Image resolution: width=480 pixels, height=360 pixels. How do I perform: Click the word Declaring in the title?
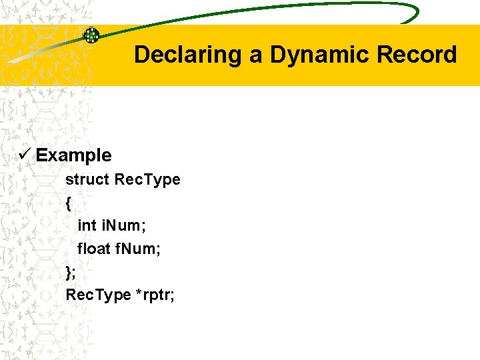click(188, 55)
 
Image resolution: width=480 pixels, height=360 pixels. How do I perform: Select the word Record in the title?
click(417, 55)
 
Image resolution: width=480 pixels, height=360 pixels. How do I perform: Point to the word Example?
click(73, 155)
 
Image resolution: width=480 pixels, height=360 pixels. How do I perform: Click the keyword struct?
click(87, 179)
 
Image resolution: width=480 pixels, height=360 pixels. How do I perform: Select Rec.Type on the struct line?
click(147, 179)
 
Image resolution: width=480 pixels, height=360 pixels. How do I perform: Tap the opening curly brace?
click(69, 203)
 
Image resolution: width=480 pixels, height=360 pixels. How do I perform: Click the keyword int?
click(87, 225)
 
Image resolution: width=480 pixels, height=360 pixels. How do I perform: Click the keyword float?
click(94, 249)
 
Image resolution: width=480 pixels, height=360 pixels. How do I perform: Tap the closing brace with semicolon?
click(71, 272)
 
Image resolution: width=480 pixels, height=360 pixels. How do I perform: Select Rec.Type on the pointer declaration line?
click(98, 295)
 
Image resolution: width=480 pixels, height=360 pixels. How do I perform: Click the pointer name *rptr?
click(155, 295)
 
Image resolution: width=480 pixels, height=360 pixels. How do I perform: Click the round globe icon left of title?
click(91, 35)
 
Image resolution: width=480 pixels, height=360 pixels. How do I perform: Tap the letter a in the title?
click(256, 56)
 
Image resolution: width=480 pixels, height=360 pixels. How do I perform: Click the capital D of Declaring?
click(141, 55)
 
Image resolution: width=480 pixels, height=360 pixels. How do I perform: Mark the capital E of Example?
click(41, 155)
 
